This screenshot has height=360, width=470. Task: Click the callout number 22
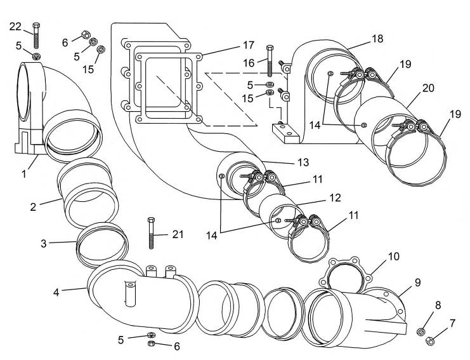click(x=15, y=27)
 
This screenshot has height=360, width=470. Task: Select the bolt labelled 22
click(x=37, y=36)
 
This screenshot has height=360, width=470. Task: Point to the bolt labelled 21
click(x=152, y=233)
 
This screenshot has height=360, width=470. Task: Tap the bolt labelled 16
click(x=270, y=61)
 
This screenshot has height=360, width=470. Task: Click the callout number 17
click(x=249, y=45)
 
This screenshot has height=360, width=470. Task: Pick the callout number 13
click(x=303, y=163)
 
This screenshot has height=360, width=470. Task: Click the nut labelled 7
click(x=430, y=341)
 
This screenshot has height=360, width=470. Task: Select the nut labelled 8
click(x=421, y=331)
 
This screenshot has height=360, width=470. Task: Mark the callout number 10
click(x=394, y=257)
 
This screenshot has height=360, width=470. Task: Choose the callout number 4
click(x=56, y=292)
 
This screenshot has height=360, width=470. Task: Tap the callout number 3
click(x=44, y=243)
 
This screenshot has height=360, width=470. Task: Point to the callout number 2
click(x=33, y=207)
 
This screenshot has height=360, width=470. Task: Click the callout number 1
click(x=24, y=173)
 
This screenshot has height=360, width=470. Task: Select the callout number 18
click(x=377, y=39)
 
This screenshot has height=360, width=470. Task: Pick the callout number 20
click(x=428, y=88)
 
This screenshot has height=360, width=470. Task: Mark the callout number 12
click(x=335, y=197)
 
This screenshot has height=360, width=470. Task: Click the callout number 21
click(x=178, y=234)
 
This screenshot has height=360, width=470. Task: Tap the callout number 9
click(x=417, y=283)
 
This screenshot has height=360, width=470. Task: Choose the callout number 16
click(x=249, y=63)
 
